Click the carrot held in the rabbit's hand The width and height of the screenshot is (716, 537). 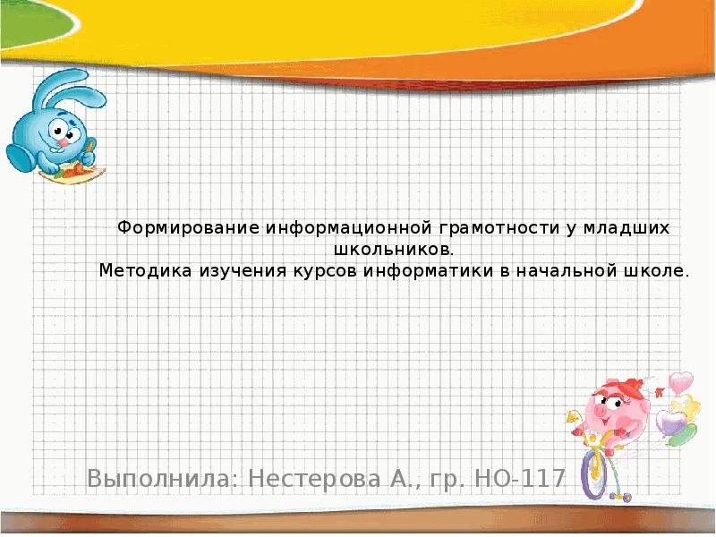pos(80,166)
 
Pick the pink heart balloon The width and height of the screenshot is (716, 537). pos(681,382)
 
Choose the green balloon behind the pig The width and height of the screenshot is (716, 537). pos(679,434)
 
